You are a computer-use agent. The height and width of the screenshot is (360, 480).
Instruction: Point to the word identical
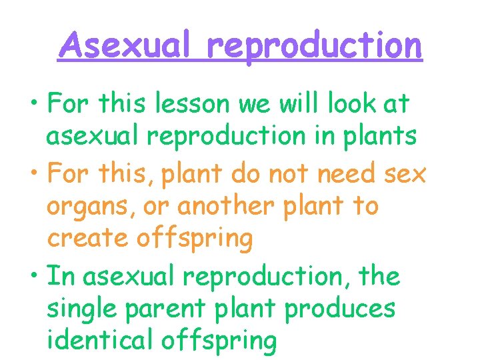click(100, 340)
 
